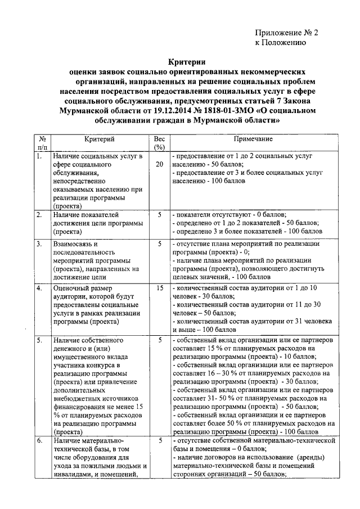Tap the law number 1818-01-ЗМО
(x=205, y=112)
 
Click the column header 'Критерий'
(x=100, y=138)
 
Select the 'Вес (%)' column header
(x=159, y=143)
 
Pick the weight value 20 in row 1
(x=159, y=164)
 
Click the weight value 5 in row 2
(x=159, y=215)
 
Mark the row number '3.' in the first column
(x=39, y=245)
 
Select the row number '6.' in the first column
(x=39, y=441)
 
